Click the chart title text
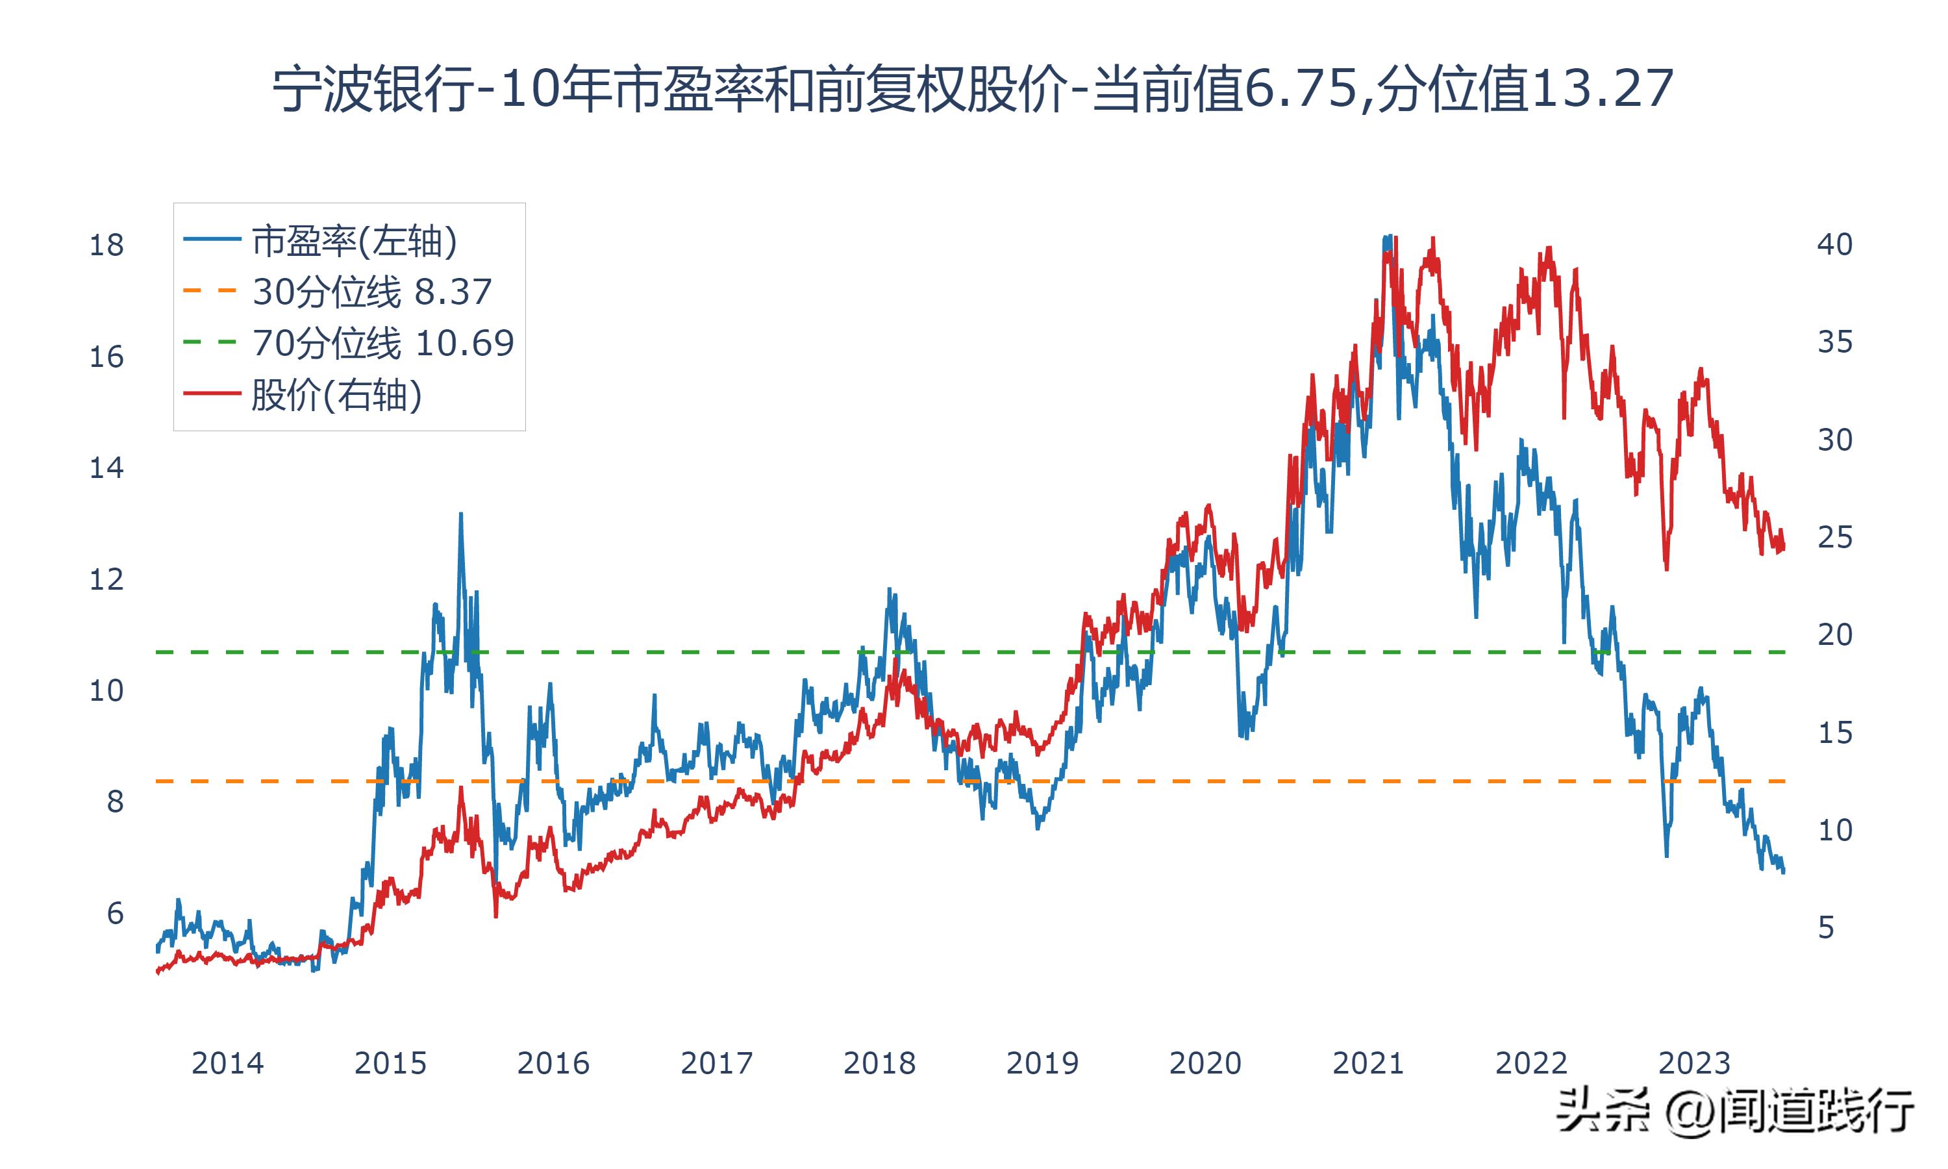pyautogui.click(x=973, y=88)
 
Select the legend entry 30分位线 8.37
pyautogui.click(x=371, y=292)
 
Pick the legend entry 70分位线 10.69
pyautogui.click(x=382, y=344)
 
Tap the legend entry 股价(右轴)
pyautogui.click(x=337, y=395)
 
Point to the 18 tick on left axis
pyautogui.click(x=106, y=245)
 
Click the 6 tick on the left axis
pyautogui.click(x=115, y=914)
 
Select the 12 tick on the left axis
pyautogui.click(x=106, y=580)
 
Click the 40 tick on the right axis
pyautogui.click(x=1834, y=244)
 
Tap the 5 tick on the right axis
pyautogui.click(x=1827, y=928)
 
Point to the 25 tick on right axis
pyautogui.click(x=1834, y=537)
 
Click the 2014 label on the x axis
pyautogui.click(x=227, y=1063)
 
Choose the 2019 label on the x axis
pyautogui.click(x=1042, y=1063)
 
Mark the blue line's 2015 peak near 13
pyautogui.click(x=460, y=514)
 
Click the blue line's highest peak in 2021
pyautogui.click(x=1388, y=236)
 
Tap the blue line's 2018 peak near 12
pyautogui.click(x=890, y=589)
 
